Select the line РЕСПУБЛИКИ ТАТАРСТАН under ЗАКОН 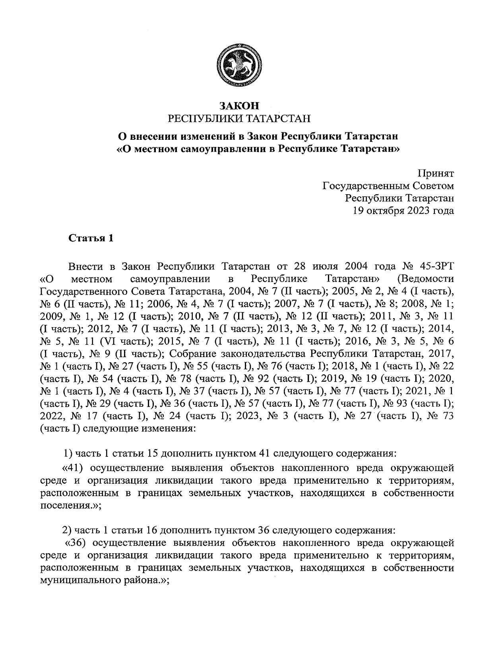point(239,118)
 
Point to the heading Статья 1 point(91,238)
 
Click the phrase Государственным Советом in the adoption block point(388,186)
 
